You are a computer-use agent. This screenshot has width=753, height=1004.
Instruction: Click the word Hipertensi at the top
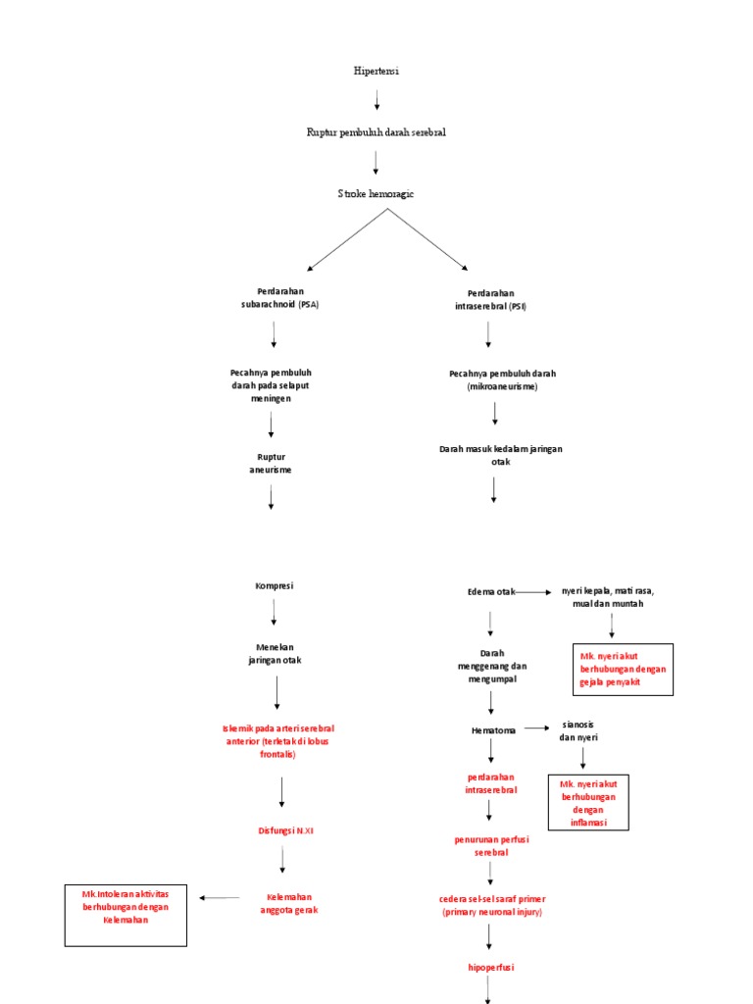point(376,72)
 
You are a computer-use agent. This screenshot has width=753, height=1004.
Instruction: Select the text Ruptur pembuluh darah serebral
point(376,132)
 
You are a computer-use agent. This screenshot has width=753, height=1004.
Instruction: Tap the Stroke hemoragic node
point(376,194)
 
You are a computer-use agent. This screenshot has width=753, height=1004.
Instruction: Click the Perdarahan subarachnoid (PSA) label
point(274,298)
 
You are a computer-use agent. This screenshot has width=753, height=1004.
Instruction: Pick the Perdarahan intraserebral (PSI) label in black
point(490,300)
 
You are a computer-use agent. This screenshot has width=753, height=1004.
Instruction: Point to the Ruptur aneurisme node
point(271,463)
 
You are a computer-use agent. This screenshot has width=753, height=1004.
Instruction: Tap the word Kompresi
point(275,586)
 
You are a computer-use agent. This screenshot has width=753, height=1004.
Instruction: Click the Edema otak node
point(491,592)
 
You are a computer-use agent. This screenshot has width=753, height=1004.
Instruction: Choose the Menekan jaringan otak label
point(275,654)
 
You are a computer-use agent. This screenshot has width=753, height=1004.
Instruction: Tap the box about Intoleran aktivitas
point(125,915)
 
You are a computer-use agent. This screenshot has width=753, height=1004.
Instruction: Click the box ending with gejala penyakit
point(623,669)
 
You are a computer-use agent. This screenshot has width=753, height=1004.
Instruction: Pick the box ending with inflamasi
point(588,802)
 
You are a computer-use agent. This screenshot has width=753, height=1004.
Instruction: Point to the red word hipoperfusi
point(491,967)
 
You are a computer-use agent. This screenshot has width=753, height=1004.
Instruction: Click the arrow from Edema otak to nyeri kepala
point(534,592)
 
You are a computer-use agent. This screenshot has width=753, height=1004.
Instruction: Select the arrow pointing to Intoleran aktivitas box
point(220,897)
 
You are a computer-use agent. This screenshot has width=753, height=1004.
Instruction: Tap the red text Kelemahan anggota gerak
point(289,903)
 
